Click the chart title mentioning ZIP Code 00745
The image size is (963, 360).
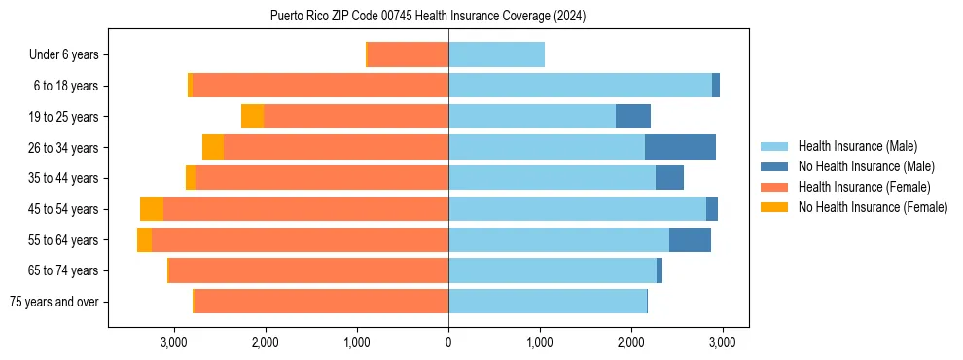pyautogui.click(x=428, y=16)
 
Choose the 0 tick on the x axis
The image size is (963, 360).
pyautogui.click(x=448, y=342)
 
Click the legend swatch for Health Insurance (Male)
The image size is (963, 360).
pyautogui.click(x=774, y=146)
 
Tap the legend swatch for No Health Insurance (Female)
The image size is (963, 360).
pyautogui.click(x=774, y=207)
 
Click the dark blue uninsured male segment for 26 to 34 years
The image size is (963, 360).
pyautogui.click(x=680, y=148)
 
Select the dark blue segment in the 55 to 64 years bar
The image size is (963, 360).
pyautogui.click(x=690, y=240)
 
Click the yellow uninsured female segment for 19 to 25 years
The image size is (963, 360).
pyautogui.click(x=252, y=117)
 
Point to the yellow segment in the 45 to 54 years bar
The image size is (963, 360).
pyautogui.click(x=152, y=209)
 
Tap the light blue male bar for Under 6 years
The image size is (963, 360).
pyautogui.click(x=496, y=55)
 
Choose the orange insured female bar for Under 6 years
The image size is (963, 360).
pyautogui.click(x=409, y=55)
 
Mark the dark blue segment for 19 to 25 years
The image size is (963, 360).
pyautogui.click(x=633, y=117)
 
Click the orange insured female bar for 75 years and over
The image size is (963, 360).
pyautogui.click(x=321, y=302)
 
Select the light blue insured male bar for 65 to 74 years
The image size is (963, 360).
pyautogui.click(x=552, y=270)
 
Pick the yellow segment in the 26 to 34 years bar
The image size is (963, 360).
pyautogui.click(x=213, y=148)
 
